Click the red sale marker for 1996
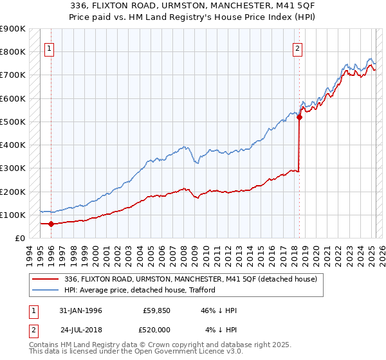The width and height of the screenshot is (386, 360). click(x=51, y=224)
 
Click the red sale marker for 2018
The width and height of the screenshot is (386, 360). click(x=300, y=117)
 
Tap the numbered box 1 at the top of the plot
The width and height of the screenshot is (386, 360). click(x=50, y=47)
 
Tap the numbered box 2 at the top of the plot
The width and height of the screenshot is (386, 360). click(x=298, y=47)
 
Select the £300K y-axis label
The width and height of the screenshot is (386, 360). click(x=14, y=168)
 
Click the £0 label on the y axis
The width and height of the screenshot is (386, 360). click(x=19, y=239)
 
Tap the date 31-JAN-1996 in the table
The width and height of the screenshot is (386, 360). click(x=80, y=310)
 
